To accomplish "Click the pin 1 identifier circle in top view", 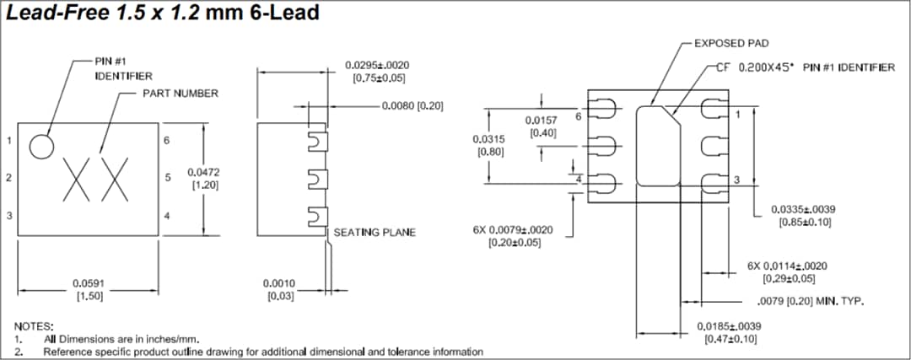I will pyautogui.click(x=41, y=146).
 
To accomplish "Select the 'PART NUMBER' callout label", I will pyautogui.click(x=179, y=93).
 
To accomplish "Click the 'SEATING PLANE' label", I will pyautogui.click(x=375, y=232).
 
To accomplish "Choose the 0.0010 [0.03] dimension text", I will pyautogui.click(x=279, y=289).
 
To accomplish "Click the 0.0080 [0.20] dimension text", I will pyautogui.click(x=412, y=106).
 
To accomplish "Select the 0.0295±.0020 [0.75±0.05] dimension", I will pyautogui.click(x=376, y=71).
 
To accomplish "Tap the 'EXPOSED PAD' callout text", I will pyautogui.click(x=730, y=43).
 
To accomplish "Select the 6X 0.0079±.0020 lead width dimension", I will pyautogui.click(x=513, y=235).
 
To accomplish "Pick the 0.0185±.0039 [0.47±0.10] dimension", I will pyautogui.click(x=729, y=331).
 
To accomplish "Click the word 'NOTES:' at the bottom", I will pyautogui.click(x=34, y=325).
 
